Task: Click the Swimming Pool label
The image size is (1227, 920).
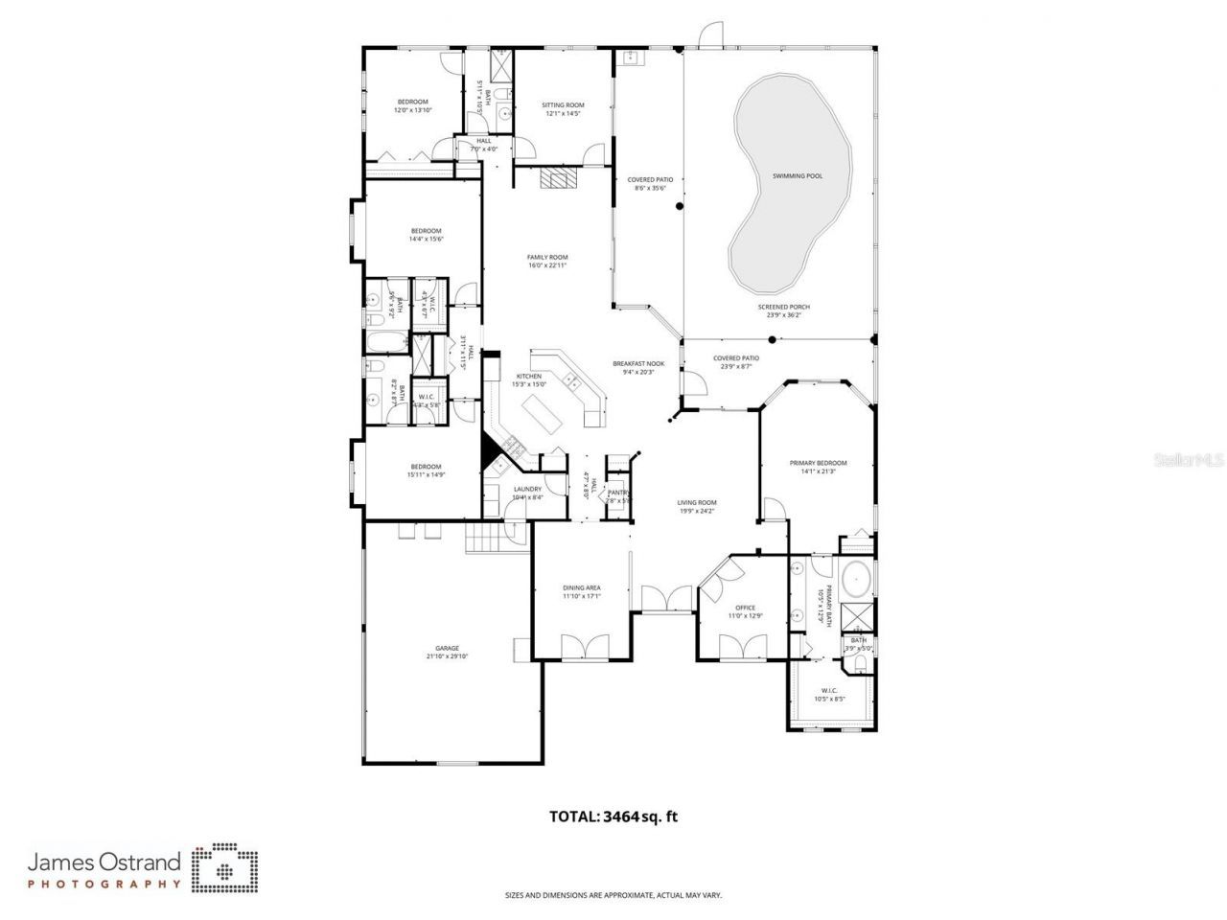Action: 798,176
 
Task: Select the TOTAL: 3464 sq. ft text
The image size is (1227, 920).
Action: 613,816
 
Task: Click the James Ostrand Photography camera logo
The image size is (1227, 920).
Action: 224,867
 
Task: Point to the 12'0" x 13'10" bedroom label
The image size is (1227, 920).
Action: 413,105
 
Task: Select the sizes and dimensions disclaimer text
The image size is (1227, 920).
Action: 613,895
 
